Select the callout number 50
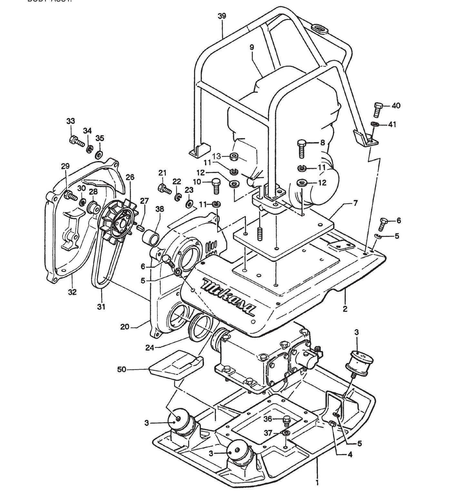[122, 370]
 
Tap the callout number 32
[72, 292]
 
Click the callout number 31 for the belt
[101, 307]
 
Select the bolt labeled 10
[216, 186]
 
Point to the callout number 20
[124, 327]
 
